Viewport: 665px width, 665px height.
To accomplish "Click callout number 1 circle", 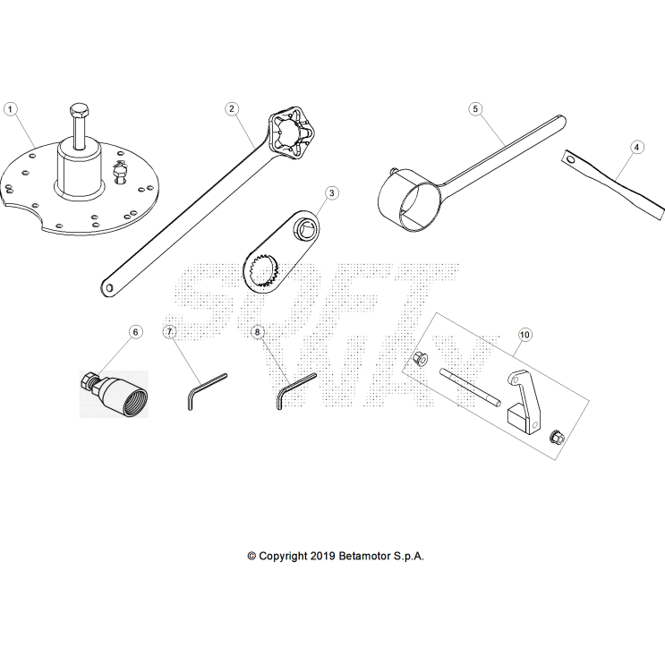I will tap(11, 108).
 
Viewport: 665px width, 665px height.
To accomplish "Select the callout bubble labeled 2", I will tap(232, 108).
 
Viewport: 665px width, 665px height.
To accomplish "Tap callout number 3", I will tap(331, 192).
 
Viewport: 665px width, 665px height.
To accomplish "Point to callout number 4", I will tap(636, 146).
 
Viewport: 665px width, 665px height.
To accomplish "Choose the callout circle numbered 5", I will tap(476, 108).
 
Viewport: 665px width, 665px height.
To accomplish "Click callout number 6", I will tap(136, 332).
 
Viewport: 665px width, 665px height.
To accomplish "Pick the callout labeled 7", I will tap(169, 332).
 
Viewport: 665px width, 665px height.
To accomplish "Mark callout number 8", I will tap(258, 332).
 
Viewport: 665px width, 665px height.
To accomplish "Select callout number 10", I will tap(524, 334).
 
